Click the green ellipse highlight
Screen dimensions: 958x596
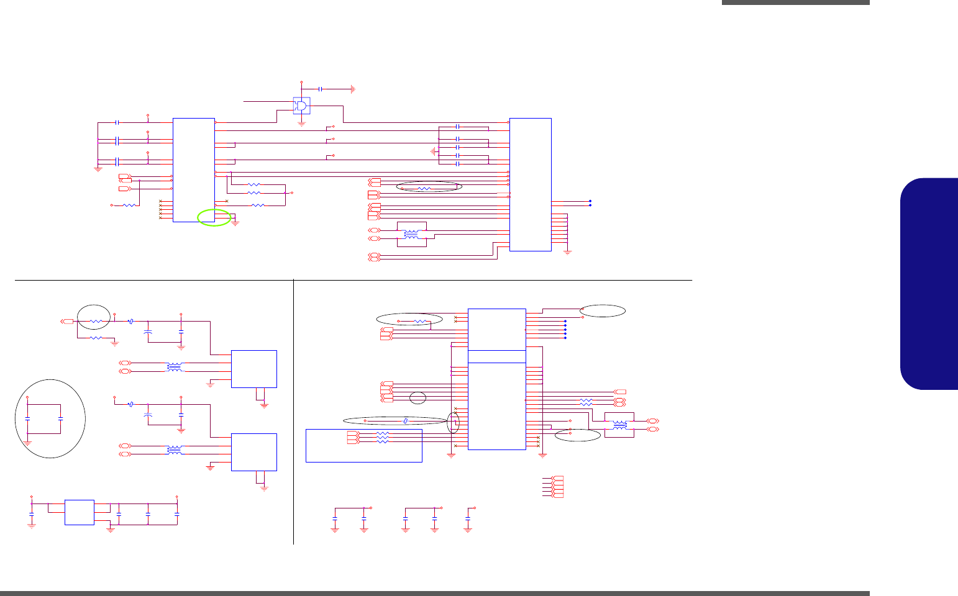tap(214, 217)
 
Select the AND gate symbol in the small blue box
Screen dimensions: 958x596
tap(302, 106)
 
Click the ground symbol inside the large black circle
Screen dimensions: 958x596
tap(27, 441)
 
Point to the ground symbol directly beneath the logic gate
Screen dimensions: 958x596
tap(302, 124)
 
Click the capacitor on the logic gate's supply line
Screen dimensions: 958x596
tap(320, 89)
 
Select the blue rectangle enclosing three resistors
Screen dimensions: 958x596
tap(364, 445)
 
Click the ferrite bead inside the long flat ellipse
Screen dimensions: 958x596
tap(406, 421)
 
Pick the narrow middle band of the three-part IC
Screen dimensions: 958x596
tap(496, 356)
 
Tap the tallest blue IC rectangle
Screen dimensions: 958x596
tap(530, 184)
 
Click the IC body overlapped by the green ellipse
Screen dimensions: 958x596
tap(193, 169)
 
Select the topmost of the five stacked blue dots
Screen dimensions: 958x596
tap(565, 321)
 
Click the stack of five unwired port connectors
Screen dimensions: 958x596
tap(557, 487)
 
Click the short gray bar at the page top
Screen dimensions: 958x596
tap(795, 2)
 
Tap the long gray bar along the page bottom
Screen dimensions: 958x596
tap(435, 593)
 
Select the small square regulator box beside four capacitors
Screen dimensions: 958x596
tap(80, 512)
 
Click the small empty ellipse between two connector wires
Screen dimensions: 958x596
tap(419, 397)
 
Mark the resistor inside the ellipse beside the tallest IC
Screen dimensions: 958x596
tap(424, 187)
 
